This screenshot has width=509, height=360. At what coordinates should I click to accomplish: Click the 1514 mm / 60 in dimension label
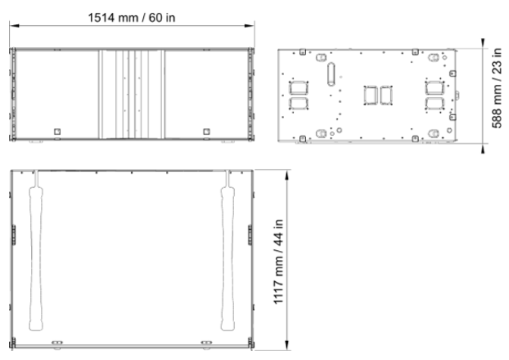132,17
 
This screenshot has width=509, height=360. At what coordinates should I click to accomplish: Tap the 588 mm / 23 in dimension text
497,88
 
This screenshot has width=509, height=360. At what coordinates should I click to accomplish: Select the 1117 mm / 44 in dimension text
279,261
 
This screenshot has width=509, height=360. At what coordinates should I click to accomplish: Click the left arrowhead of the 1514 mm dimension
14,25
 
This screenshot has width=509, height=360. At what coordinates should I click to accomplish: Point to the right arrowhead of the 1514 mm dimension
250,25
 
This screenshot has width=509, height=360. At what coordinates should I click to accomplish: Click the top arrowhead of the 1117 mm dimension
286,175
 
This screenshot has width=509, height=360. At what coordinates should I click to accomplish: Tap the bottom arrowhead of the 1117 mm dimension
286,345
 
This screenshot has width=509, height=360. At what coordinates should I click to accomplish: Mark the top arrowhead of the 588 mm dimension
483,43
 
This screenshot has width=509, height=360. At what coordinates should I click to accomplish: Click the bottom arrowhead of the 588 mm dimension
483,148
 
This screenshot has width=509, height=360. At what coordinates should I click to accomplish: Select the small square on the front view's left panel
58,132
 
